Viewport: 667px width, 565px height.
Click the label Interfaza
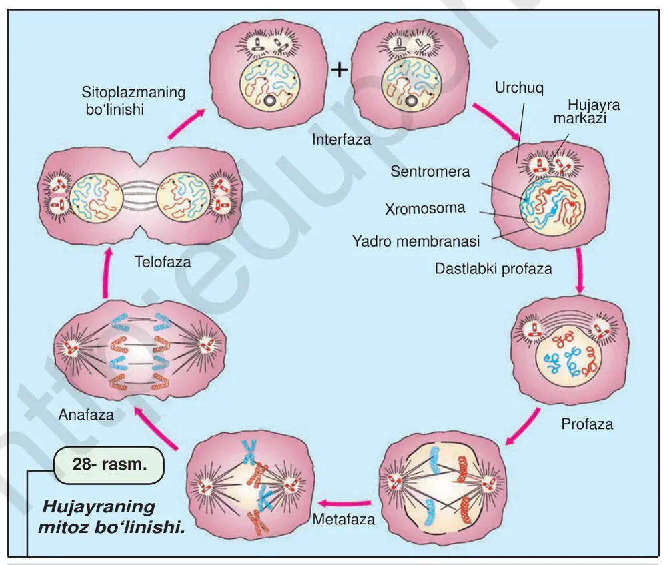[x=341, y=139]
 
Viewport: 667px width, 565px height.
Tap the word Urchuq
[x=519, y=88]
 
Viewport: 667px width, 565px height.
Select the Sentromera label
[x=430, y=171]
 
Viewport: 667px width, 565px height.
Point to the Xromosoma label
[x=425, y=209]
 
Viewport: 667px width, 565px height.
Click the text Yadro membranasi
[x=416, y=241]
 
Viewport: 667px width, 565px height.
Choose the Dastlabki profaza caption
[x=494, y=269]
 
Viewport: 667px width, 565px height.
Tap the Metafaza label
[x=344, y=520]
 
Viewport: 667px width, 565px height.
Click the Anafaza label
[x=86, y=414]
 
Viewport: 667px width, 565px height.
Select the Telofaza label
[x=163, y=262]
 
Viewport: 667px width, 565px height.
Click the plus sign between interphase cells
[x=340, y=70]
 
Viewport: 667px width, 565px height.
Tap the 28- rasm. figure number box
[x=109, y=464]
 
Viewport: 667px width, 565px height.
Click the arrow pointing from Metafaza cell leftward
[x=345, y=504]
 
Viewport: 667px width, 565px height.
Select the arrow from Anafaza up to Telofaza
[x=107, y=273]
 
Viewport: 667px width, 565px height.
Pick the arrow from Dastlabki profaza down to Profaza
[x=579, y=271]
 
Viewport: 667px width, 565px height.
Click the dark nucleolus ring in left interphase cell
[x=269, y=101]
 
